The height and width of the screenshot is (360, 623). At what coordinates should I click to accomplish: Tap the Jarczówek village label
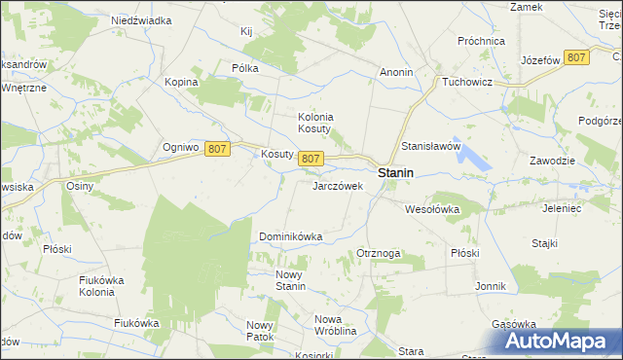[337, 185]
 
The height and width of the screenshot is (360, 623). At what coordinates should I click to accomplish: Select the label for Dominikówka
[290, 236]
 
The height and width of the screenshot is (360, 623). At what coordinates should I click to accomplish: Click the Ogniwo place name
[181, 148]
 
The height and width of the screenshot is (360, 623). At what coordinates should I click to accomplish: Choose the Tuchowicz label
[471, 82]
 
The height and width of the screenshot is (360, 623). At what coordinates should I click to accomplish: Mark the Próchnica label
[482, 41]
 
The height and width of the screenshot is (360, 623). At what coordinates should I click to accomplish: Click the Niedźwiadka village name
[141, 19]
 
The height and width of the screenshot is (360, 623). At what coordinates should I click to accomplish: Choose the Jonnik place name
[491, 286]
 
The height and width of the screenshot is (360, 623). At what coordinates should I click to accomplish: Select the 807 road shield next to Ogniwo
[218, 148]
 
